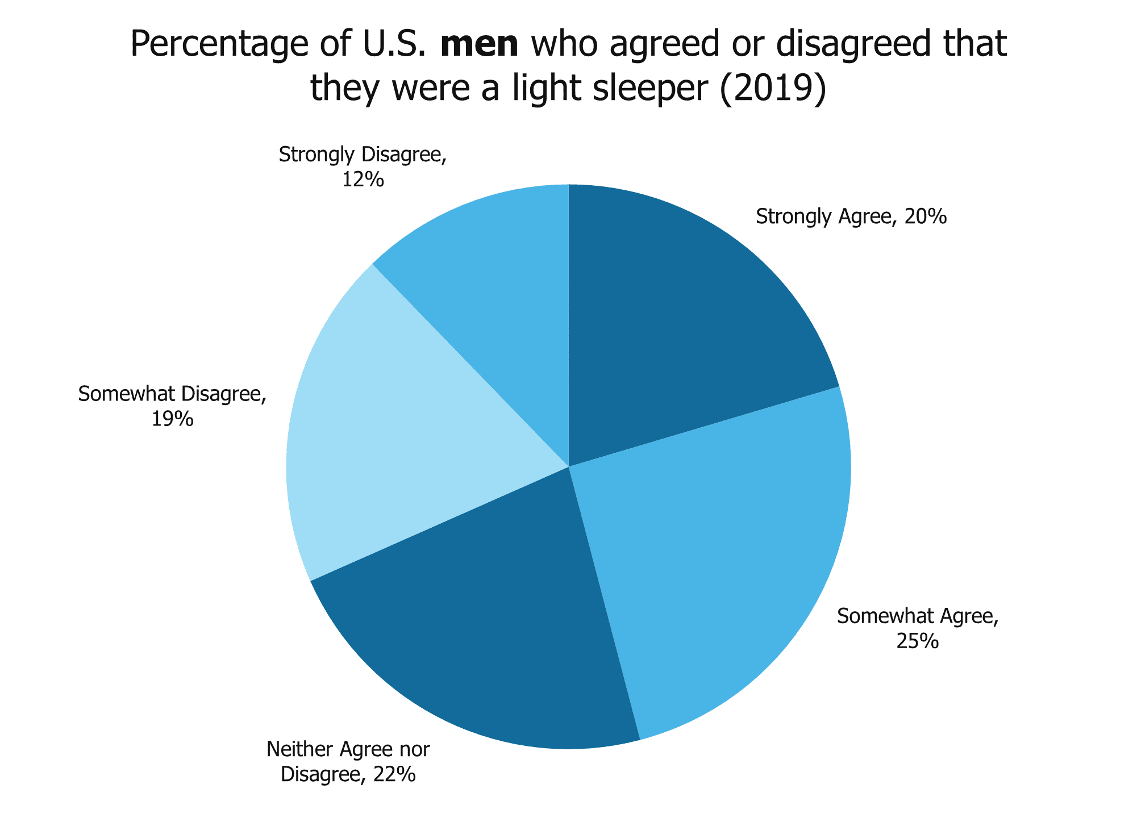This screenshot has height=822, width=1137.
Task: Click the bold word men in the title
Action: tap(479, 45)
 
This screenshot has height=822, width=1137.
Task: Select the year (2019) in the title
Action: tap(772, 90)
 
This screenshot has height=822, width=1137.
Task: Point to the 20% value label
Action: tap(925, 217)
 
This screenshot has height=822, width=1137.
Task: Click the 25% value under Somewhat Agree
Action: tap(917, 641)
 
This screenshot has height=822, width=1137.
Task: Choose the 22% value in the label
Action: tap(394, 774)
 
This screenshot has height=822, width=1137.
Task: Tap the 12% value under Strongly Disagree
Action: tap(363, 180)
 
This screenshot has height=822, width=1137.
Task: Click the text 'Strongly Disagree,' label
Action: tap(363, 155)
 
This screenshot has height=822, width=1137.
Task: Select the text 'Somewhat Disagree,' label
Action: tap(172, 394)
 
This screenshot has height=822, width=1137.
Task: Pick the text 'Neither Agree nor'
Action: tap(348, 749)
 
